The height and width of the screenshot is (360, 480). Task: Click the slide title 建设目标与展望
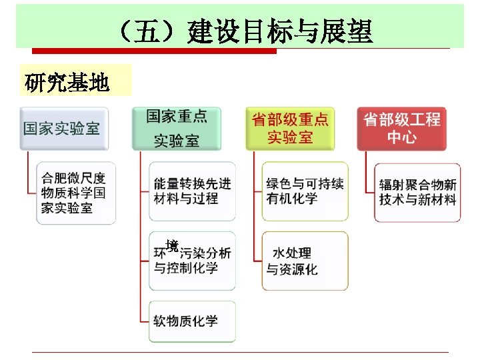tap(280, 31)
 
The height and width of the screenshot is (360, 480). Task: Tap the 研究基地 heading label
tap(67, 83)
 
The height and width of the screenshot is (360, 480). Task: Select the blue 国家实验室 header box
tap(61, 128)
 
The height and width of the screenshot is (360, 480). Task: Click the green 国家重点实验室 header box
tap(177, 128)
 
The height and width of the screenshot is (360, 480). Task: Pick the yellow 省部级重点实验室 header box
tap(290, 128)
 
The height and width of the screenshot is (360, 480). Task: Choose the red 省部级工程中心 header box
tap(402, 128)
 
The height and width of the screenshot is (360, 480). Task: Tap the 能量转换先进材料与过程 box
tap(192, 191)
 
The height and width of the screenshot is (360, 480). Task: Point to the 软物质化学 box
tap(192, 321)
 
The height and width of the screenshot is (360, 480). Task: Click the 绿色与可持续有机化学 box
tap(305, 191)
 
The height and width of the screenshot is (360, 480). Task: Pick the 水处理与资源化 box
tap(305, 261)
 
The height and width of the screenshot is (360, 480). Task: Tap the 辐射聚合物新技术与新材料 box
tap(418, 192)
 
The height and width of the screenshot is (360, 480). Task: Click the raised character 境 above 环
tap(172, 244)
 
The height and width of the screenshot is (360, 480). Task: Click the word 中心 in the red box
tap(402, 137)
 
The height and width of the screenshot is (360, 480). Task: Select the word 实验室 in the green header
tap(177, 140)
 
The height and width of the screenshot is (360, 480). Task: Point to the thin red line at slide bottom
tap(240, 351)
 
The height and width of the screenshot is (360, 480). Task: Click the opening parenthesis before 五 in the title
tap(125, 31)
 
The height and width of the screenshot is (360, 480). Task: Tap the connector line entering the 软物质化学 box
tap(144, 321)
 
